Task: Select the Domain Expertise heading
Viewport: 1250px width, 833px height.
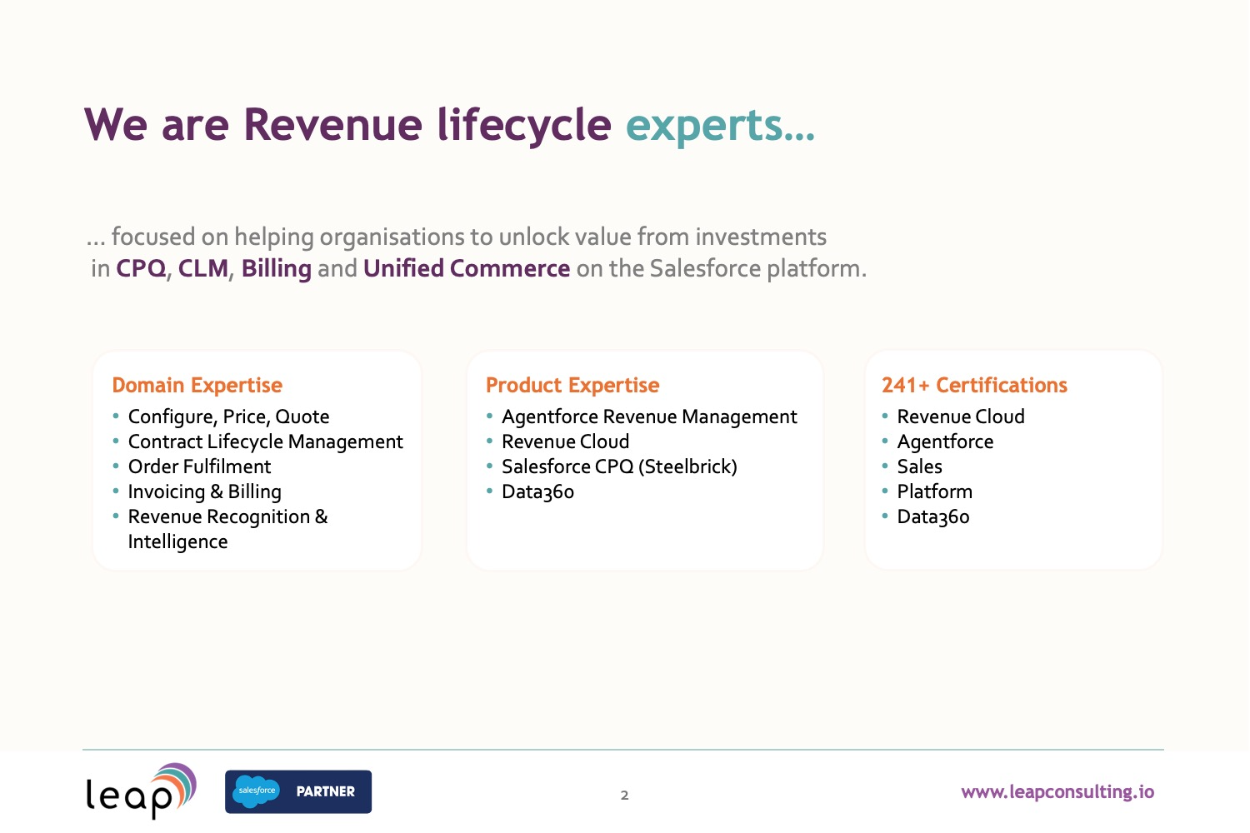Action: [x=197, y=386]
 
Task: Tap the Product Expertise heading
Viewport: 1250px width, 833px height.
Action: [x=572, y=386]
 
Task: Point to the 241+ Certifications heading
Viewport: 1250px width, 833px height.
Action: [x=974, y=385]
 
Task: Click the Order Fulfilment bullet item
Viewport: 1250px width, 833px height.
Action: [x=199, y=466]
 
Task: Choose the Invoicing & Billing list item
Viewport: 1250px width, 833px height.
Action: [x=205, y=491]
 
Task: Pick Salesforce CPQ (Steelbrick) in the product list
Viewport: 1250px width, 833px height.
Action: [x=619, y=467]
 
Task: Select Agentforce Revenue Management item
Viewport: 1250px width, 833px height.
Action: [x=649, y=416]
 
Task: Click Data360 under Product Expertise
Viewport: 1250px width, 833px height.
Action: [x=538, y=492]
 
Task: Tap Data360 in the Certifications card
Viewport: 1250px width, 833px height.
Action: [x=933, y=517]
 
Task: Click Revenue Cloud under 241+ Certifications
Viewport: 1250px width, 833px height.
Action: [x=961, y=416]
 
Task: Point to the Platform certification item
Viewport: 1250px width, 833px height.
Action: [x=935, y=491]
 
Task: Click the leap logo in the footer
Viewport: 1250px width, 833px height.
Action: [x=141, y=791]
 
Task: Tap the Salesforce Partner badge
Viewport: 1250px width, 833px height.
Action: [x=298, y=791]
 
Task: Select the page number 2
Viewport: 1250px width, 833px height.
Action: [x=624, y=796]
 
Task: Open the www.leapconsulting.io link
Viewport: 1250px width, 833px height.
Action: [x=1057, y=792]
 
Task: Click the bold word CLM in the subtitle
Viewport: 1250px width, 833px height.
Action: [x=203, y=268]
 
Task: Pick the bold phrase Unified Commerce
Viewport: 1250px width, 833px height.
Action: [x=467, y=268]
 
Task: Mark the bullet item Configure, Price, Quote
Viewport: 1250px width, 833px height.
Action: [x=229, y=417]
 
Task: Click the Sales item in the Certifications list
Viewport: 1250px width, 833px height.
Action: [x=920, y=466]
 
